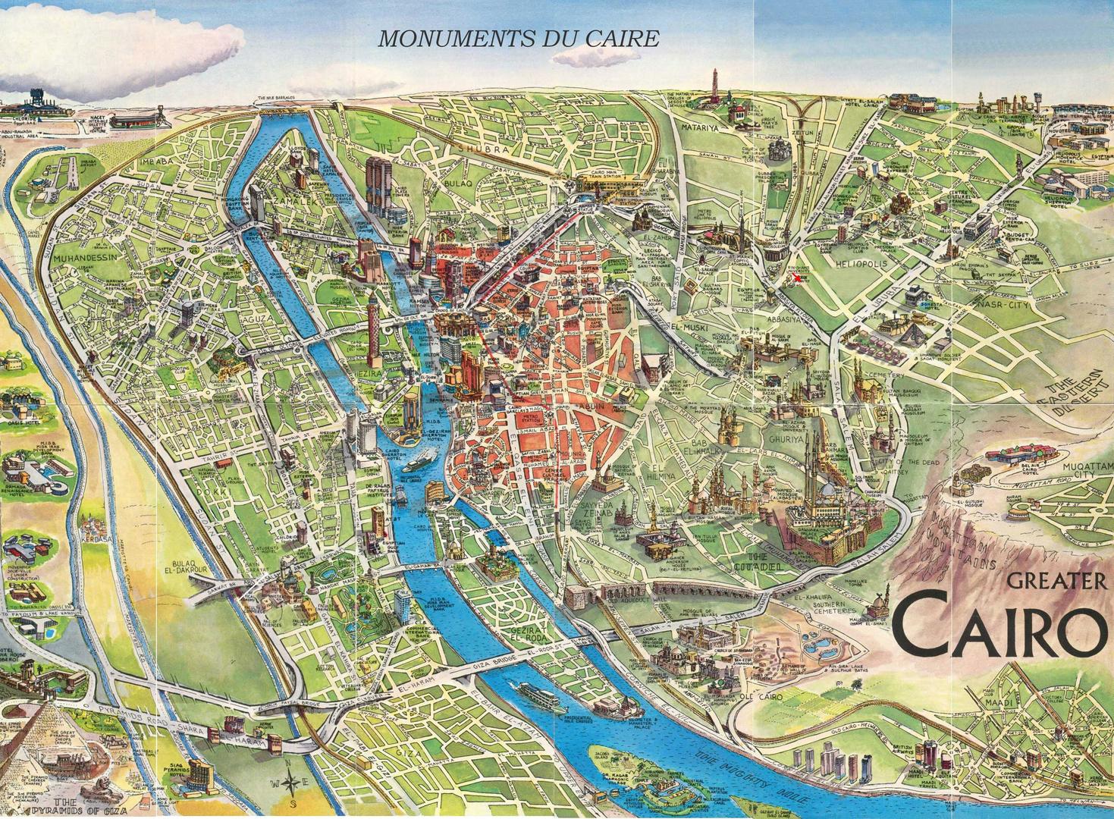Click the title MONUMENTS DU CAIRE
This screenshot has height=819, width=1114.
click(x=519, y=39)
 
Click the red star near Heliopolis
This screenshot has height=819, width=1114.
click(x=798, y=279)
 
